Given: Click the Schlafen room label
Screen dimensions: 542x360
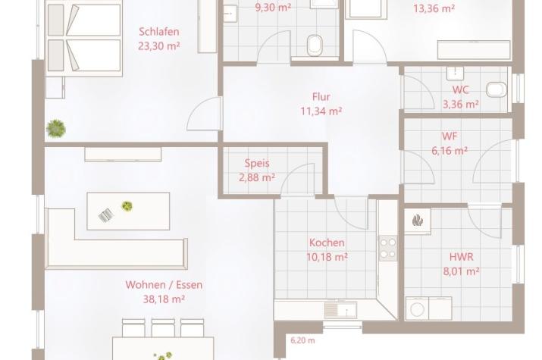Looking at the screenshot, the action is (x=159, y=32).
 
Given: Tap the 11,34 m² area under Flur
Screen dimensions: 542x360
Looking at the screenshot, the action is (x=321, y=111).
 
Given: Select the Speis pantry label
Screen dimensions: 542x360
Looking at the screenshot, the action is (x=257, y=163).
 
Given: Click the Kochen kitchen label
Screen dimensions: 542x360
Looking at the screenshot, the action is (x=327, y=243).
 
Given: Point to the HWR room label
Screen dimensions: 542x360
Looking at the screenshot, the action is (x=461, y=257).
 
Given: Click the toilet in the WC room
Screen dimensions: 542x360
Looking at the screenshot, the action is (x=497, y=90).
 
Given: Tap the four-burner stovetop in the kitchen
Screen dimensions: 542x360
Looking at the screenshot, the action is (x=388, y=249).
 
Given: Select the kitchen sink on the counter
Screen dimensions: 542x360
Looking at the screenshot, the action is (x=341, y=310).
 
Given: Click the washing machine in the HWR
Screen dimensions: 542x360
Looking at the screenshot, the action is (x=417, y=308).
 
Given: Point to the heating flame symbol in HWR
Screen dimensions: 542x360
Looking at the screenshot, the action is (x=418, y=220).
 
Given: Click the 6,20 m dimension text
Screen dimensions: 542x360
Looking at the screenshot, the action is (x=302, y=340).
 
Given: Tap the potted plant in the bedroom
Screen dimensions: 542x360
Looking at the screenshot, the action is (x=55, y=129).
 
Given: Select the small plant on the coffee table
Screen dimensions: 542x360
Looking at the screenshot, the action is (x=127, y=206).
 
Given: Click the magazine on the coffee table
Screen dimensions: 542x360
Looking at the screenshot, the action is (x=106, y=215).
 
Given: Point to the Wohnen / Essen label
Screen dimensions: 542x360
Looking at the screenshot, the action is (x=164, y=285).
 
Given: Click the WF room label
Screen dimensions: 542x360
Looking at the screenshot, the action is (x=450, y=136).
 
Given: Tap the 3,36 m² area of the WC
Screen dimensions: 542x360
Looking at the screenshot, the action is (x=461, y=104).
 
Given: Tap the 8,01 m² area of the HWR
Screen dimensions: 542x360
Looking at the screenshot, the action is (x=461, y=271).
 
